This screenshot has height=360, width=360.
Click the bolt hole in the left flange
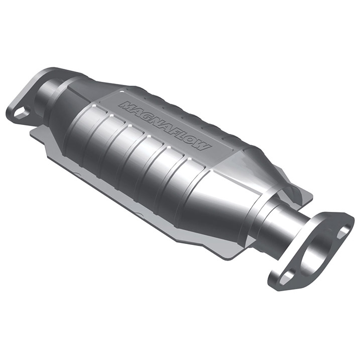22,112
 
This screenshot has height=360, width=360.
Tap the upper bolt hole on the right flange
342,231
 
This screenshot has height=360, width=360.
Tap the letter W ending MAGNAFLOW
204,146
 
